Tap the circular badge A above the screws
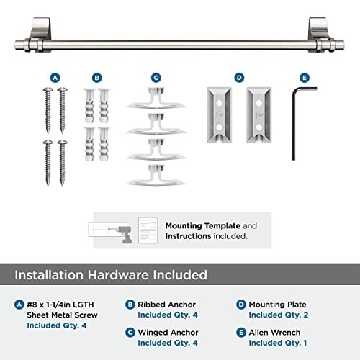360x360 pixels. pos(55,76)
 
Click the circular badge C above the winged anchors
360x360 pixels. pos(156,76)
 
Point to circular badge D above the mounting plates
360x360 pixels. pos(238,76)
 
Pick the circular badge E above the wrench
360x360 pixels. pos(304,76)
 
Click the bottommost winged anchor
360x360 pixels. pos(156,174)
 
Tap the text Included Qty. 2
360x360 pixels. pos(279,315)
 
